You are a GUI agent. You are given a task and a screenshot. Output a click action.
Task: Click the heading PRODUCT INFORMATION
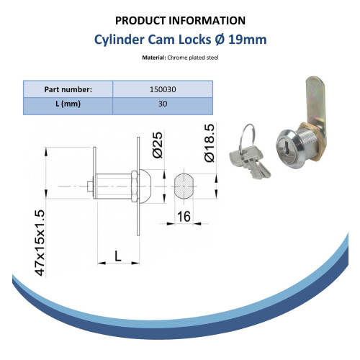[180, 21]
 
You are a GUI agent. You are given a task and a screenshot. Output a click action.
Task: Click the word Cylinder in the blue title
[119, 40]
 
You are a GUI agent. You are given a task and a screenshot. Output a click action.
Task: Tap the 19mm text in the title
[247, 40]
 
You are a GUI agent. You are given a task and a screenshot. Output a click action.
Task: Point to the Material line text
[180, 58]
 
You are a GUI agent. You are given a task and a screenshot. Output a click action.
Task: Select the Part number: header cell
[68, 89]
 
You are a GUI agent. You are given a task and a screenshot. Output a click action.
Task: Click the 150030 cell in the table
[163, 89]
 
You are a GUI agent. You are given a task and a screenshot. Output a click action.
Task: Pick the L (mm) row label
[68, 104]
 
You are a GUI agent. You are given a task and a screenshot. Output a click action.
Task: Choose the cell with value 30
[163, 104]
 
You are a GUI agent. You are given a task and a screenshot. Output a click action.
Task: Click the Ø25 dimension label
[158, 145]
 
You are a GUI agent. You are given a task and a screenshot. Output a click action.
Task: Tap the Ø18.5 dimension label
[209, 143]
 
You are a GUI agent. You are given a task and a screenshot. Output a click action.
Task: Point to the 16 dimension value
[184, 217]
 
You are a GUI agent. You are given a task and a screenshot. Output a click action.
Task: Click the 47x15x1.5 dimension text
[40, 243]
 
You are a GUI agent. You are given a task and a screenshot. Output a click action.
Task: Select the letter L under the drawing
[118, 256]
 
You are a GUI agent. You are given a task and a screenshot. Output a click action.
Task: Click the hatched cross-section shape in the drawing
[184, 186]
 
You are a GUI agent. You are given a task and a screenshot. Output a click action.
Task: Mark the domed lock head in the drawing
[145, 186]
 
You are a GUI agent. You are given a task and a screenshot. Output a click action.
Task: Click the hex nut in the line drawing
[135, 186]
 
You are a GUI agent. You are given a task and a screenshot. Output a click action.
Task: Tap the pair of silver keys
[250, 163]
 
